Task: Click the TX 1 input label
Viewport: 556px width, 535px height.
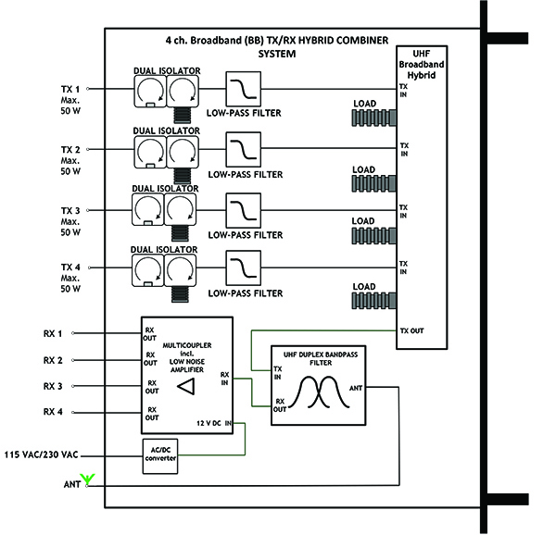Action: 70,89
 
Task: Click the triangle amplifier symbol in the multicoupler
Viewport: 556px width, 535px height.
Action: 186,387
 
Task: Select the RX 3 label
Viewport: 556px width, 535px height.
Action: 54,386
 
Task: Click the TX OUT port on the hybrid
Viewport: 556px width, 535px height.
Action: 411,330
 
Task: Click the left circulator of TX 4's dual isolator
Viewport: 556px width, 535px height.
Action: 147,269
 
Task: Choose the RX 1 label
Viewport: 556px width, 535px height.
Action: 54,333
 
